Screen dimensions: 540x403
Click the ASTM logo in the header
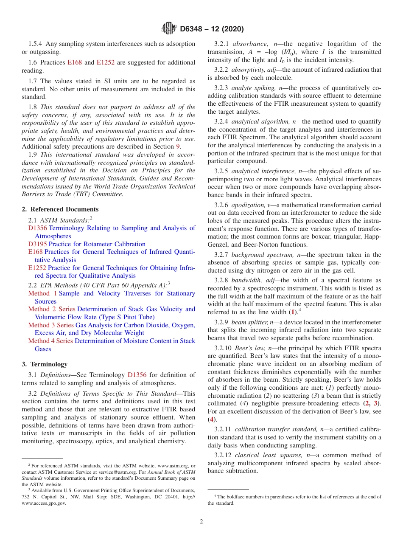pyautogui.click(x=169, y=29)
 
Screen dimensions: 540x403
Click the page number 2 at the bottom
pyautogui.click(x=201, y=521)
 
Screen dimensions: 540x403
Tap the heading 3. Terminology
pyautogui.click(x=45, y=364)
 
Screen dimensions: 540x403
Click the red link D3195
pyautogui.click(x=38, y=244)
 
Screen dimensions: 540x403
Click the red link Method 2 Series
pyautogui.click(x=52, y=309)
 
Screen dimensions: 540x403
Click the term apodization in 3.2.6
pyautogui.click(x=248, y=205)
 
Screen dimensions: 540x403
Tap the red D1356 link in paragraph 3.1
pyautogui.click(x=137, y=375)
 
